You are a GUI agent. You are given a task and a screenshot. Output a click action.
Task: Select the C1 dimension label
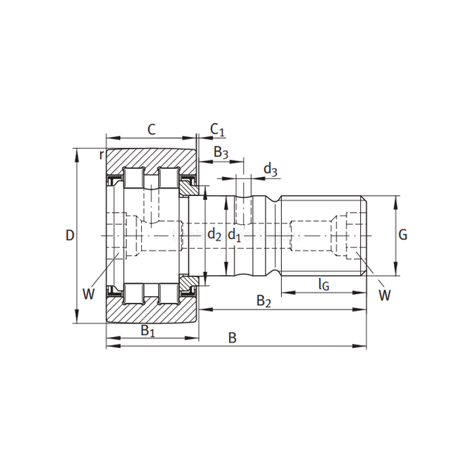[x=216, y=128]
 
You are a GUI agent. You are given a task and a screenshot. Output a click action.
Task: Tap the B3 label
[x=221, y=153]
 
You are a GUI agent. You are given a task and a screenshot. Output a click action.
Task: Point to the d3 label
[x=270, y=170]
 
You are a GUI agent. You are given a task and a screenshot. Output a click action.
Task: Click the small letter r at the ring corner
[x=101, y=155]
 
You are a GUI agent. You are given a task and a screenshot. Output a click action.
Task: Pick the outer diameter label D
[x=69, y=235]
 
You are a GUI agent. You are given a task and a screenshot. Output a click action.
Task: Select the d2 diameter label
[x=214, y=235]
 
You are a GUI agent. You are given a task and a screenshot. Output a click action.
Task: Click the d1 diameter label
[x=234, y=235]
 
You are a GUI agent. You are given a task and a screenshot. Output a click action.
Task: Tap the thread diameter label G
[x=403, y=235]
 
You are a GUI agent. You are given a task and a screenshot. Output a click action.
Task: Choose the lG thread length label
[x=324, y=284]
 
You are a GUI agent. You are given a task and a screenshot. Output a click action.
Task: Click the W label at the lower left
[x=88, y=293]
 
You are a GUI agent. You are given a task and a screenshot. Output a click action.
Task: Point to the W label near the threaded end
[x=384, y=295]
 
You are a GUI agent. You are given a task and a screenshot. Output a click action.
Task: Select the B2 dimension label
[x=264, y=302]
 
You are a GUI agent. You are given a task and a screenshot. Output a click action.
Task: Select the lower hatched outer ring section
[x=151, y=313]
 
